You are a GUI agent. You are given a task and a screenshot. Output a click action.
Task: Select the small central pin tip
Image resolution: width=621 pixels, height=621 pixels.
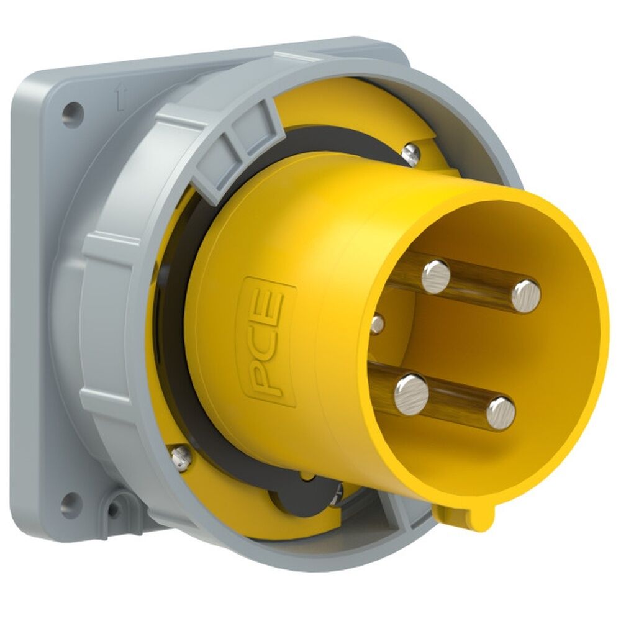(377, 323)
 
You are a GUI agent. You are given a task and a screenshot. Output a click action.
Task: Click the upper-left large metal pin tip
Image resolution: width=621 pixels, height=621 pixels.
(435, 276)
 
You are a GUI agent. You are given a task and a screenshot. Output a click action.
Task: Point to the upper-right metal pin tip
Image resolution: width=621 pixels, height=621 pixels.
(526, 296)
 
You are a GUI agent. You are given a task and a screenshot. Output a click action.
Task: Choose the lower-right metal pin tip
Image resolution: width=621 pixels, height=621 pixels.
(501, 413)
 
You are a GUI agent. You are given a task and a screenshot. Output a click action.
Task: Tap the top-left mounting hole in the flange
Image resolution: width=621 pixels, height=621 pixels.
(73, 114)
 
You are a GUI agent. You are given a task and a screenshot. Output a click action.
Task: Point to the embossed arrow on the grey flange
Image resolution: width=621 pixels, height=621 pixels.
(120, 97)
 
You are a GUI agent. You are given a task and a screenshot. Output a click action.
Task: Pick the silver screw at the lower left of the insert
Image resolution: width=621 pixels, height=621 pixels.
(179, 457)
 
